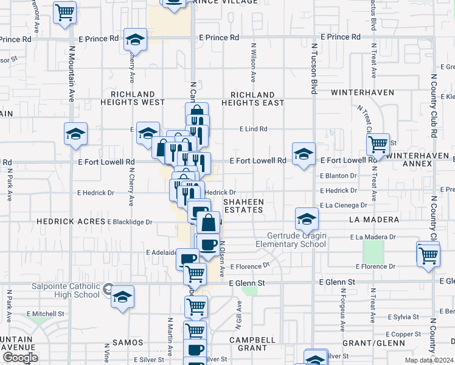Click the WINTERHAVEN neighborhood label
point(363,92)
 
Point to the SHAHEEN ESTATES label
point(243,205)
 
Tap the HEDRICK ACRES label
point(71,221)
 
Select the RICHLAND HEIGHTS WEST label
point(133,99)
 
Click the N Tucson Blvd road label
point(314,68)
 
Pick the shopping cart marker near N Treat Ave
point(378,144)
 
